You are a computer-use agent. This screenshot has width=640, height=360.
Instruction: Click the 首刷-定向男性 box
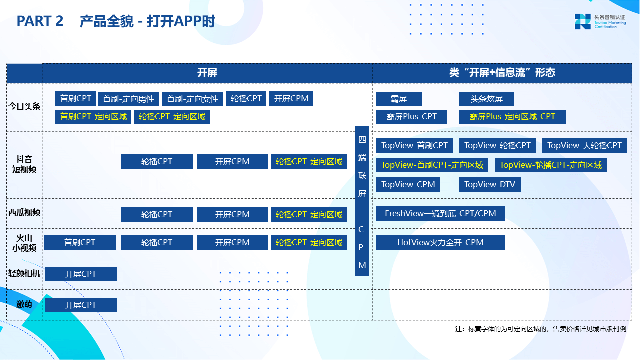click(129, 99)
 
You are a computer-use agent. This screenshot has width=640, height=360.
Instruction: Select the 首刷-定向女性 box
click(192, 99)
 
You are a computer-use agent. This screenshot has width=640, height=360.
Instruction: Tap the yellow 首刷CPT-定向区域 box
click(93, 117)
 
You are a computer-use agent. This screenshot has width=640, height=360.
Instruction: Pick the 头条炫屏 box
click(486, 99)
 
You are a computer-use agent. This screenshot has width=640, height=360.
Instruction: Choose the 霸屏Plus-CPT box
click(411, 117)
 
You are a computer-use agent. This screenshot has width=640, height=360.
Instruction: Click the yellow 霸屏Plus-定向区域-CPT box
click(512, 117)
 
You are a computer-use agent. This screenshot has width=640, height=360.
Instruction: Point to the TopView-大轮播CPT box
click(584, 145)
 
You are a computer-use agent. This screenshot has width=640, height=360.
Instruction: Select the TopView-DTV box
click(490, 184)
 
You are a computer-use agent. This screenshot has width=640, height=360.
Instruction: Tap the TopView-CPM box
click(408, 184)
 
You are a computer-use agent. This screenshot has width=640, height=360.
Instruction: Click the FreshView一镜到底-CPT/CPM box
click(440, 213)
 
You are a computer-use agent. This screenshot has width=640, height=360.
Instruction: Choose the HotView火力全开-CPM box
click(440, 243)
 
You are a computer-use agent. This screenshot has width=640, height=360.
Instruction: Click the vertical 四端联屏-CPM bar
click(362, 201)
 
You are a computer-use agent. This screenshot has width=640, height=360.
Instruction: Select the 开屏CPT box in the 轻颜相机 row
click(81, 274)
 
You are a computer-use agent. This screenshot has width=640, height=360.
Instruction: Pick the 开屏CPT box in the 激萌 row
click(81, 305)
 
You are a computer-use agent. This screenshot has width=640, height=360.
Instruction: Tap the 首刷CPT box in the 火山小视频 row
click(80, 243)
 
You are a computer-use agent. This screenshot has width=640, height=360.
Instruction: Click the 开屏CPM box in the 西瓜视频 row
click(232, 215)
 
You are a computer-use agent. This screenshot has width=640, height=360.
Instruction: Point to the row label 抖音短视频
click(24, 164)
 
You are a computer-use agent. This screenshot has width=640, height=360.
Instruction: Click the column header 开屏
click(207, 73)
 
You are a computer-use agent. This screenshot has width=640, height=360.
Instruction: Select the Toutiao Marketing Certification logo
click(600, 21)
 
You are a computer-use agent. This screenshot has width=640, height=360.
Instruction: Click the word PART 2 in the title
click(40, 21)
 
